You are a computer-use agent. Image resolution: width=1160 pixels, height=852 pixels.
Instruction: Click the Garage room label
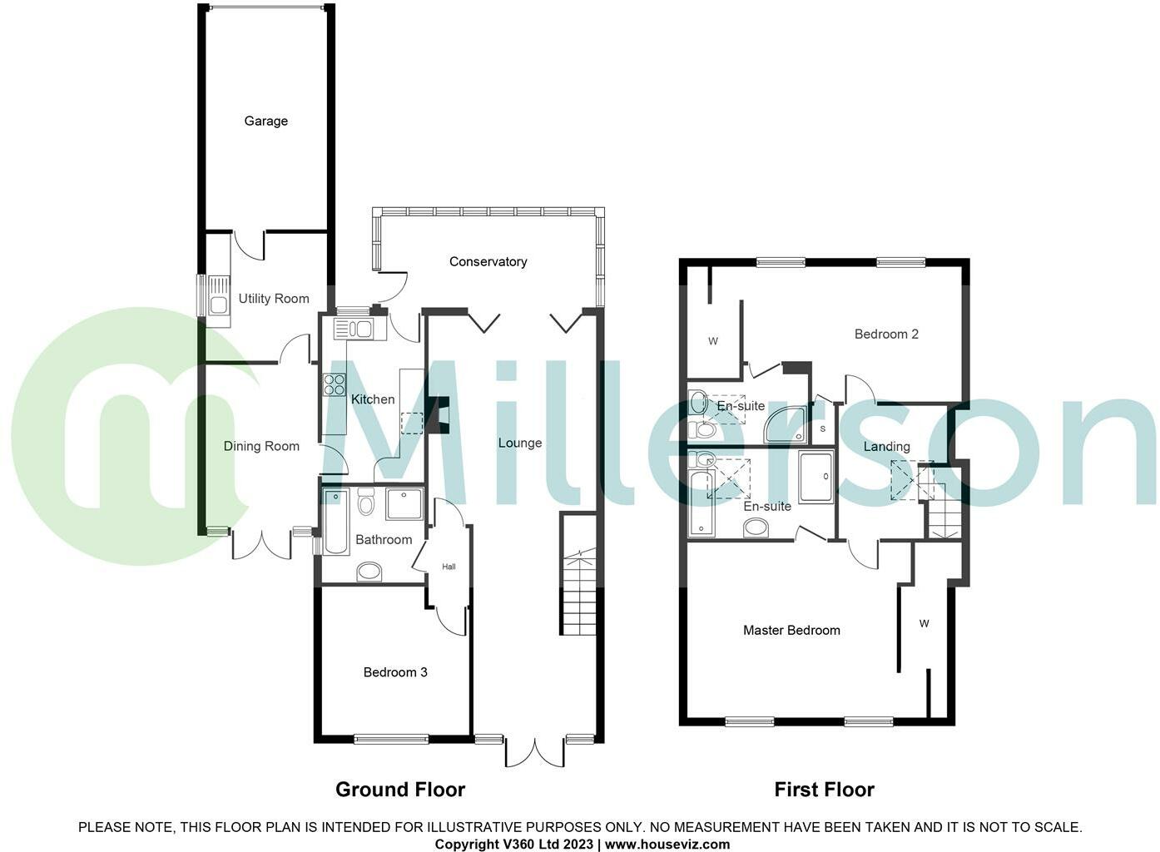tap(265, 121)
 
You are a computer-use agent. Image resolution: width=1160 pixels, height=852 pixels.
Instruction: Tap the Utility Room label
tap(274, 299)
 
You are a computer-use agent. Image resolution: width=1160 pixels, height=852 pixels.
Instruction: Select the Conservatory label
tap(488, 262)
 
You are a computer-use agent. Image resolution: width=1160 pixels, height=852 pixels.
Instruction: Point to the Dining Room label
tap(261, 447)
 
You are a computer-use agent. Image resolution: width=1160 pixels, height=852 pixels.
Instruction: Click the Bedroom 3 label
tap(395, 672)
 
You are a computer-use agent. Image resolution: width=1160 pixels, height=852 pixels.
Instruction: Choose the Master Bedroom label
tap(791, 631)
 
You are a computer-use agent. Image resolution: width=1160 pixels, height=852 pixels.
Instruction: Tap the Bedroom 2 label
tap(886, 334)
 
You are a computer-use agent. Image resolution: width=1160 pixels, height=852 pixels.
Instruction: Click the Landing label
tap(886, 447)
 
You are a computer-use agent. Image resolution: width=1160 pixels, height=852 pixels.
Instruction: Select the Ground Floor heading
tap(400, 790)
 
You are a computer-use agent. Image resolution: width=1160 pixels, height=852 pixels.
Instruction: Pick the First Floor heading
tap(824, 790)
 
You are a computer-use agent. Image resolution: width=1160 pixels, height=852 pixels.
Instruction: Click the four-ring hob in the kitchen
tap(335, 384)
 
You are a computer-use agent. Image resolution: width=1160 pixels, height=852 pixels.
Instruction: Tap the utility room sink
tap(219, 305)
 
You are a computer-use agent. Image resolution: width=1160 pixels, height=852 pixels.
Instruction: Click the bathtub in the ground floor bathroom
tap(335, 523)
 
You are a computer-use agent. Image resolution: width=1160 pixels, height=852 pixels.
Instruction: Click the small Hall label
tap(449, 567)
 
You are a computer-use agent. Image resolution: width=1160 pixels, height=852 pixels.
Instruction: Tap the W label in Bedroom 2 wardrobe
tap(713, 341)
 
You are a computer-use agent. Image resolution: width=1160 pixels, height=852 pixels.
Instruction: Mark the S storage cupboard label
tap(823, 428)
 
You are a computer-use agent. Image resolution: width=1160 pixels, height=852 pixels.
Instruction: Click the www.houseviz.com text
tap(667, 844)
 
